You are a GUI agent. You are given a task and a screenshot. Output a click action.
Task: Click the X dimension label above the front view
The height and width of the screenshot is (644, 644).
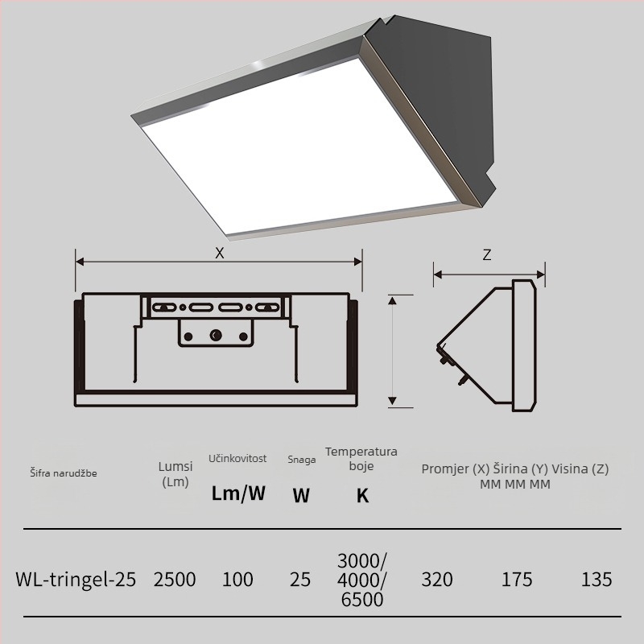pos(220,253)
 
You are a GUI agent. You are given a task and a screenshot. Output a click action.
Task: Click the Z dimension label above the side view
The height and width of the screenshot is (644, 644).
pos(487,255)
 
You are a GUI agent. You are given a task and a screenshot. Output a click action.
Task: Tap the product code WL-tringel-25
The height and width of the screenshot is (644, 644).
pos(76,580)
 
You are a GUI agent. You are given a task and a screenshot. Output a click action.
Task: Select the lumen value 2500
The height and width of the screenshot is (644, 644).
pos(175,580)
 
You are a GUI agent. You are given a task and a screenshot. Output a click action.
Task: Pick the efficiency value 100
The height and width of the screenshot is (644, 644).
pos(237,580)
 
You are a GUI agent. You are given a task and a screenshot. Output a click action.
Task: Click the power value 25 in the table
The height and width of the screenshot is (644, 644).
pos(300,580)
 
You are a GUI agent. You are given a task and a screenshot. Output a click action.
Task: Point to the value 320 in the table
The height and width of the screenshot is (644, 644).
pos(437,580)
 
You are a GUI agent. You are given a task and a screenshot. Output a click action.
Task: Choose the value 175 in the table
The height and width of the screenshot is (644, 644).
pos(517,580)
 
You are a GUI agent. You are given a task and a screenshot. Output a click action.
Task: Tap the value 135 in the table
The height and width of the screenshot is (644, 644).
pos(597,580)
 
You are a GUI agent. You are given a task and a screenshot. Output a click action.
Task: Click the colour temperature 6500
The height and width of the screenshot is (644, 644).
pos(362,600)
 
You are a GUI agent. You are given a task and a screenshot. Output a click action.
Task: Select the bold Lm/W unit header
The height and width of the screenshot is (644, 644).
pos(238,493)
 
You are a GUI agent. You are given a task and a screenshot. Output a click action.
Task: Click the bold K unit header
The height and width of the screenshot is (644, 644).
pos(362,496)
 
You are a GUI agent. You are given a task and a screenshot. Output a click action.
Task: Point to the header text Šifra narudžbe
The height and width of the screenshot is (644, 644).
pos(64,473)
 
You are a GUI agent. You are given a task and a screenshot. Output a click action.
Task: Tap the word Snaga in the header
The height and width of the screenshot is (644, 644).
pos(301,460)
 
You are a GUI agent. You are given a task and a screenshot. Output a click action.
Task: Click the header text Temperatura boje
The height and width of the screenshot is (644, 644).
pos(361,458)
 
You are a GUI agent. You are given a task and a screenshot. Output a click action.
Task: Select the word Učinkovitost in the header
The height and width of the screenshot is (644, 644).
pos(237,458)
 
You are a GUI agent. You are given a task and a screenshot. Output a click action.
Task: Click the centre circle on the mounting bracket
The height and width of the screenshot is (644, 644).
pos(216,335)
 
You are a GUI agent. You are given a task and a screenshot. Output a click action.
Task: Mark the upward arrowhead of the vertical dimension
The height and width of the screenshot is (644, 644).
pos(392,300)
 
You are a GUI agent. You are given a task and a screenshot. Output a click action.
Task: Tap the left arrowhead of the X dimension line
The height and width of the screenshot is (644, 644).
pos(80,262)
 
